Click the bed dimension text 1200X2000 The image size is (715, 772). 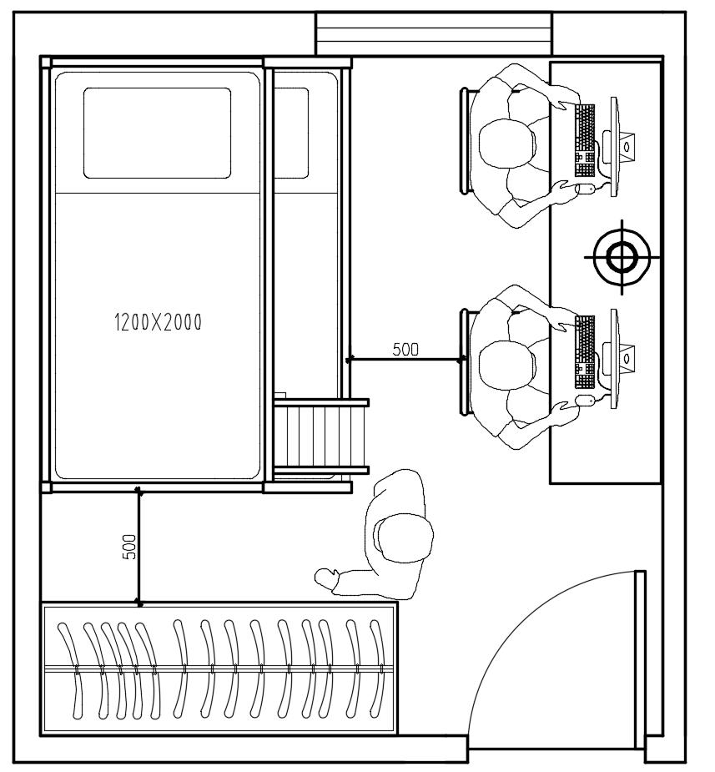(158, 322)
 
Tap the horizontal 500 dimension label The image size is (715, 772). (405, 349)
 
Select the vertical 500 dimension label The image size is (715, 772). (129, 547)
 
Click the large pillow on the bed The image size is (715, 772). (157, 133)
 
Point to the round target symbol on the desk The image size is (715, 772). (622, 257)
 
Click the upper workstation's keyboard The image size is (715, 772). (585, 140)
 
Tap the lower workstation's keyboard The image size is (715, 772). (585, 352)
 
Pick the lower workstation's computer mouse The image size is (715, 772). (585, 400)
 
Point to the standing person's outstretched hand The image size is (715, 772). (326, 578)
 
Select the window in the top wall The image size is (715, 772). (434, 34)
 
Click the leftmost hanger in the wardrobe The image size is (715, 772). (72, 669)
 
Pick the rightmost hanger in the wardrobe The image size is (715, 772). (379, 669)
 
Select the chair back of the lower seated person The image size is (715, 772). (464, 362)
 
